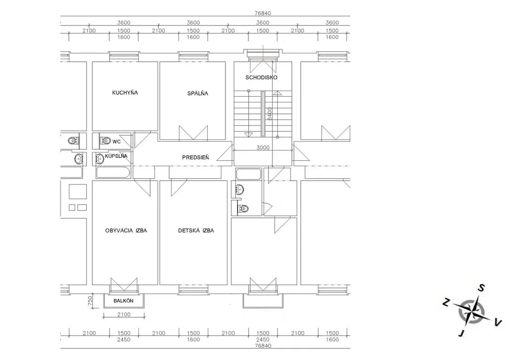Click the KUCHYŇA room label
click(x=125, y=92)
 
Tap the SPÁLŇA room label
click(x=197, y=94)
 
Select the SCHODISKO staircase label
click(x=262, y=77)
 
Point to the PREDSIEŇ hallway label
click(x=195, y=157)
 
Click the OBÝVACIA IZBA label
click(x=126, y=230)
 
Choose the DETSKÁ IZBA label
click(x=196, y=230)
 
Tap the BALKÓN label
click(x=123, y=300)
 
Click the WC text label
click(x=116, y=142)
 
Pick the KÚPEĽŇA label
click(x=116, y=156)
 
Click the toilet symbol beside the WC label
click(x=105, y=141)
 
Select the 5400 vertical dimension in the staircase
click(x=269, y=114)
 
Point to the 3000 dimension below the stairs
click(x=263, y=147)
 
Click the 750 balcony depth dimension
click(x=90, y=301)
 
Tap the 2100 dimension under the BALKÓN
click(x=124, y=315)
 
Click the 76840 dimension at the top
click(x=263, y=14)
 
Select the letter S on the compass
click(x=481, y=288)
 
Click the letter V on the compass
click(x=497, y=322)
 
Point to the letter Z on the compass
click(x=446, y=303)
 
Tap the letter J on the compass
click(x=461, y=333)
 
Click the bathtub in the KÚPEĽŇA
click(x=112, y=172)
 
